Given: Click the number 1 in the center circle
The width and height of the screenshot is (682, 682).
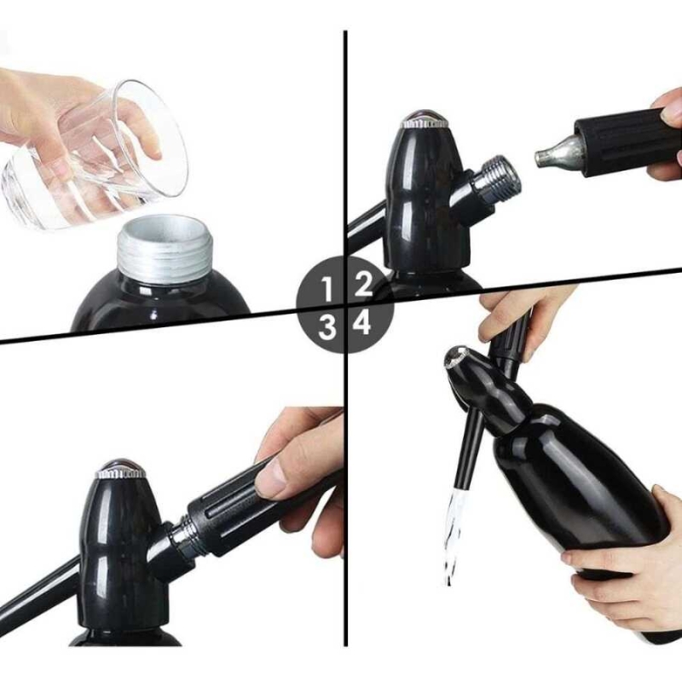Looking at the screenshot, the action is pyautogui.click(x=327, y=289).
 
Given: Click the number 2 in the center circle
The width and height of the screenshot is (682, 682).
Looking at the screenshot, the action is pyautogui.click(x=364, y=284).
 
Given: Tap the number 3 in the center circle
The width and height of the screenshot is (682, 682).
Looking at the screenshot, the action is pyautogui.click(x=327, y=327).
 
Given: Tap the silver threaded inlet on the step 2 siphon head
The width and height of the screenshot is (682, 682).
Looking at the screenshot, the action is pyautogui.click(x=497, y=178).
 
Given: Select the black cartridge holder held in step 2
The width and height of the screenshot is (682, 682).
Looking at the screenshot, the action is pyautogui.click(x=627, y=142).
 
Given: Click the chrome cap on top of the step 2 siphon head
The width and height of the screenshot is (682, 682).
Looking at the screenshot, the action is pyautogui.click(x=424, y=119).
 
